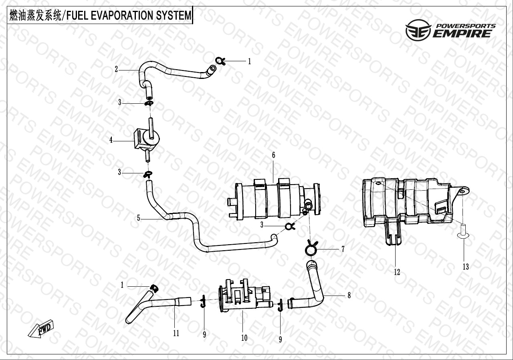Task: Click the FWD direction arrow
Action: tap(41, 329)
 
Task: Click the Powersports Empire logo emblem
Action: tap(418, 30)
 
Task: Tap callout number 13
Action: tap(466, 266)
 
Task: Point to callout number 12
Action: tap(397, 272)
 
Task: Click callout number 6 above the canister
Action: tap(273, 155)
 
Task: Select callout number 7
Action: tap(343, 249)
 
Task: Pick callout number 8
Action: tap(349, 295)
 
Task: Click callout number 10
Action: tap(244, 338)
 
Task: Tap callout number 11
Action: tap(176, 333)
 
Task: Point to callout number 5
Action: tap(138, 218)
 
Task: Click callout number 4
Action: tap(111, 140)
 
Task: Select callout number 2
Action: tap(116, 69)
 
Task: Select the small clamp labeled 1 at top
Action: tap(220, 61)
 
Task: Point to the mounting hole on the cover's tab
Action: tap(463, 191)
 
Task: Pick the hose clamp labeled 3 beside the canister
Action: tap(290, 227)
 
